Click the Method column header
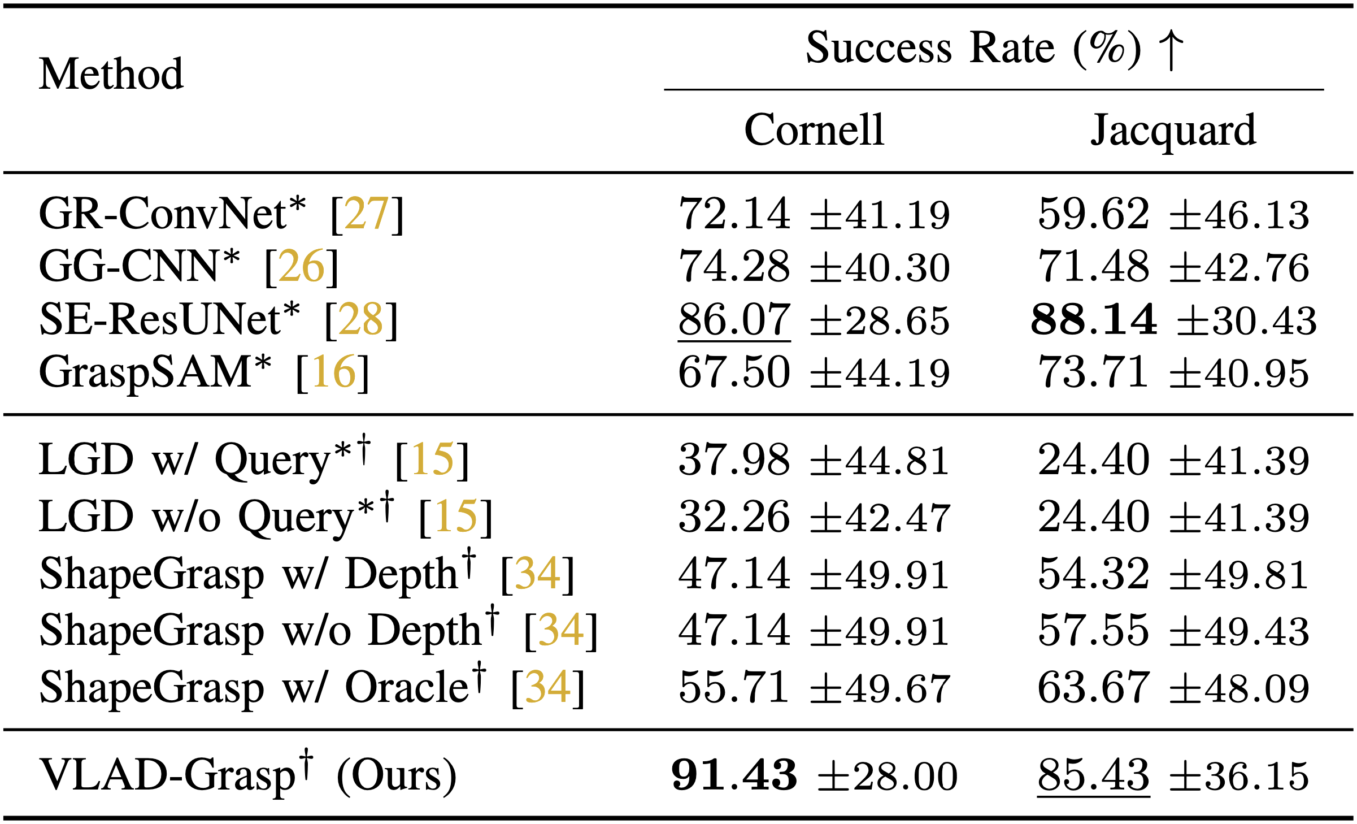(111, 74)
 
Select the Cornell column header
(814, 129)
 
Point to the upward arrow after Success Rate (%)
(1171, 50)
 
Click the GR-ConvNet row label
(172, 214)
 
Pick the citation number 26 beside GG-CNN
(301, 266)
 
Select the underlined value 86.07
(734, 320)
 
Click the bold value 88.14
(1094, 320)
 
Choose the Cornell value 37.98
(734, 459)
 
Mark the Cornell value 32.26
(734, 517)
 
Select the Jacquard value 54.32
(1094, 574)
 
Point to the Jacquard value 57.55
(1094, 630)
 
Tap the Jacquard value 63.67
(1094, 687)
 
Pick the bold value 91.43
(734, 775)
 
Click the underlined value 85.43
(1094, 775)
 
